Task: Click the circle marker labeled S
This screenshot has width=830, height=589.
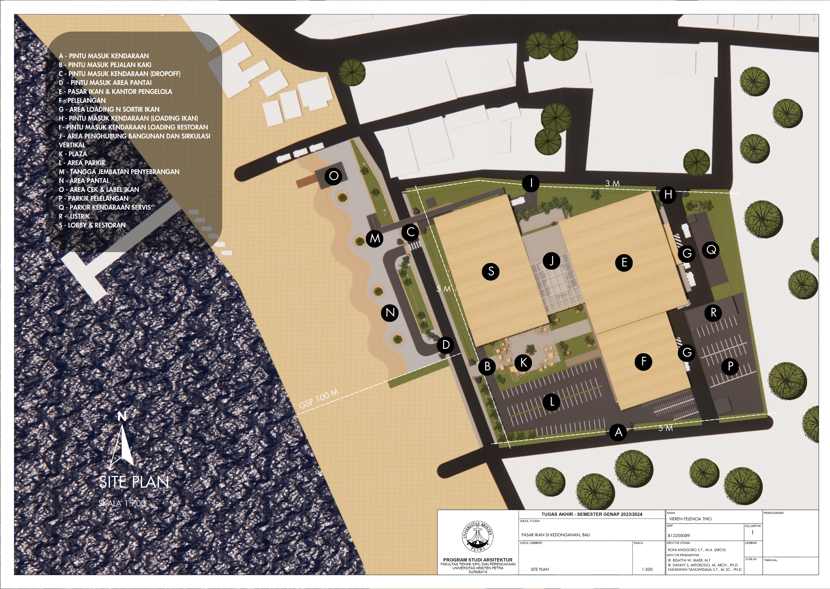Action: (x=491, y=271)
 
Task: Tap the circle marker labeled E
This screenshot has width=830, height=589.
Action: (x=624, y=262)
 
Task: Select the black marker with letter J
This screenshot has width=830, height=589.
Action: (x=551, y=261)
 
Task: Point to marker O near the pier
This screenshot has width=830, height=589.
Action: (x=333, y=176)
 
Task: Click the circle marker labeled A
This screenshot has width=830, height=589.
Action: (x=618, y=432)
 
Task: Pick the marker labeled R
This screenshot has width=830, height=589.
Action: (x=713, y=313)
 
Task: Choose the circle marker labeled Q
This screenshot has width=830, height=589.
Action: (x=711, y=250)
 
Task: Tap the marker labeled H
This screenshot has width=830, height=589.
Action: (x=668, y=194)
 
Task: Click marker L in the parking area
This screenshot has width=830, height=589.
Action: (x=552, y=402)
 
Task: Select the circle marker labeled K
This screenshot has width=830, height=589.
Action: (x=523, y=362)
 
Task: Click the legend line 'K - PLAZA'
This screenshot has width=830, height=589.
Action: (x=73, y=154)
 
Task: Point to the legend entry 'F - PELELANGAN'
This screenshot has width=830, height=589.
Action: (x=82, y=101)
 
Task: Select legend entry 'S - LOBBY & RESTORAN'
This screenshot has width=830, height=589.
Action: (x=92, y=225)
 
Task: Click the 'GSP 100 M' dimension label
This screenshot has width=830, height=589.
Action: (x=319, y=399)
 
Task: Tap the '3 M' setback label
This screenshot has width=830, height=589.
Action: (x=612, y=183)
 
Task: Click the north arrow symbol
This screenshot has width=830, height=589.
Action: (x=122, y=439)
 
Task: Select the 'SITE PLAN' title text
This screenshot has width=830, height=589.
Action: (x=134, y=482)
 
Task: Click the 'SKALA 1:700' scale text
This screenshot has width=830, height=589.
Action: (x=122, y=503)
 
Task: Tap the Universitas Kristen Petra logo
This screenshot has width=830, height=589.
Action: (x=478, y=537)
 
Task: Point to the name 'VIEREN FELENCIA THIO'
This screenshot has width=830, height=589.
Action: (x=690, y=519)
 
